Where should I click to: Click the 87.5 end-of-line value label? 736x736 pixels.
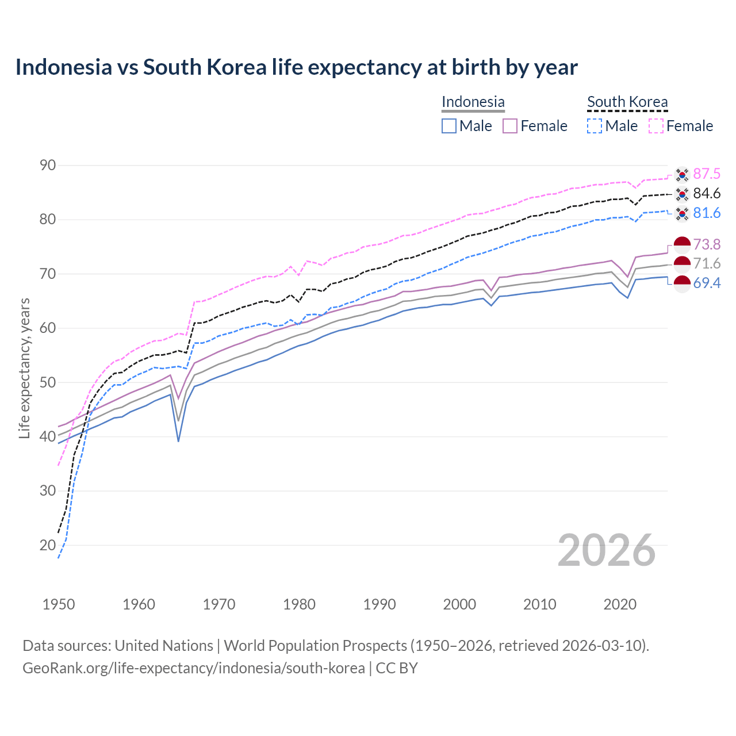707,174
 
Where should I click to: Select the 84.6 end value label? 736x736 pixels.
707,193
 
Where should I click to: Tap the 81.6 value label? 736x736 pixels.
707,213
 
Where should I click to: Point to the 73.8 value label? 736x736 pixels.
707,244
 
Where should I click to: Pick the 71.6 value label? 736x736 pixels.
707,263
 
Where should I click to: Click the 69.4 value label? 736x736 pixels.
707,283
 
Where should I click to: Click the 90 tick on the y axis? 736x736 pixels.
48,166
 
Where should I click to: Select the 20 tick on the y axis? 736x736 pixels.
48,545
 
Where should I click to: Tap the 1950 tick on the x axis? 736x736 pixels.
59,604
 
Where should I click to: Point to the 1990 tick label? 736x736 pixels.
379,604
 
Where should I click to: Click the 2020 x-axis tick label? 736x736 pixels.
620,604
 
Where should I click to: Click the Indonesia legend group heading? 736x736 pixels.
473,102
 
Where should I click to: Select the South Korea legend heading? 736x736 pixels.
627,102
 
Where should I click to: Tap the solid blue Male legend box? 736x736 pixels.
449,126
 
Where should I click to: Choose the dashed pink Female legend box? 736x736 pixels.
656,126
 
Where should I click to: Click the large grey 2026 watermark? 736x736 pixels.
607,550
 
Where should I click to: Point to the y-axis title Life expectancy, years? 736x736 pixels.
25,368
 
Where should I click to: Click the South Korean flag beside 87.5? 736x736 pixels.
682,174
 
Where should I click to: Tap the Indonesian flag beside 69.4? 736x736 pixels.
682,283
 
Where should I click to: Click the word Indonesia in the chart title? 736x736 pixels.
63,67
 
